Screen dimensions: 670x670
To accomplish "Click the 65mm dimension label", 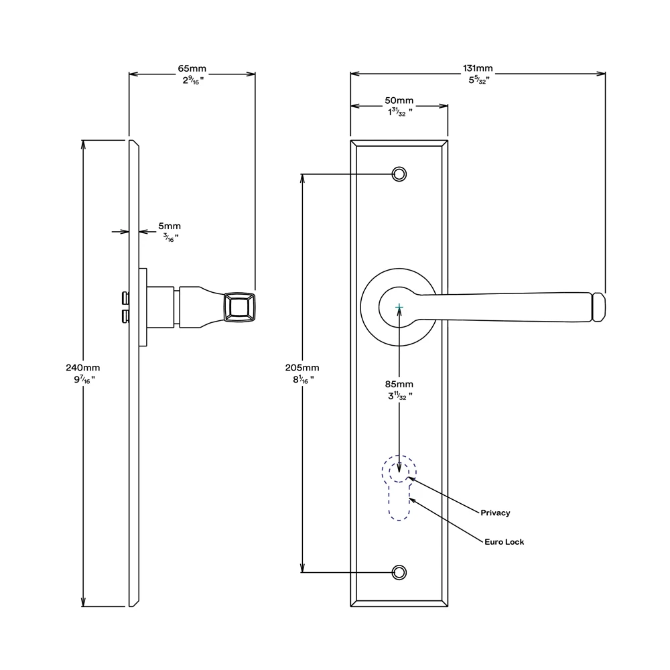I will pyautogui.click(x=192, y=69).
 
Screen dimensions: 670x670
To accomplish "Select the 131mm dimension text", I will pyautogui.click(x=478, y=68).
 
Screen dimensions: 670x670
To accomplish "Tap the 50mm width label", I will pyautogui.click(x=399, y=100).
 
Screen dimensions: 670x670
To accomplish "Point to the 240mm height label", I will pyautogui.click(x=82, y=368).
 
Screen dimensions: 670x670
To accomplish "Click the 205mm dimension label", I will pyautogui.click(x=302, y=368).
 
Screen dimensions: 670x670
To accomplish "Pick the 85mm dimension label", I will pyautogui.click(x=399, y=385).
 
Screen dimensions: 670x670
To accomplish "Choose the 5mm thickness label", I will pyautogui.click(x=169, y=226).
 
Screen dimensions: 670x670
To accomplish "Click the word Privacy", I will pyautogui.click(x=495, y=513).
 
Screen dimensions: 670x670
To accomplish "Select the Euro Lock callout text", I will pyautogui.click(x=504, y=541).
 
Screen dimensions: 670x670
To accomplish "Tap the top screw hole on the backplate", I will pyautogui.click(x=399, y=174).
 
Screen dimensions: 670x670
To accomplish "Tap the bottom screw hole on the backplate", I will pyautogui.click(x=399, y=572).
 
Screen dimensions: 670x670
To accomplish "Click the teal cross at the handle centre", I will pyautogui.click(x=399, y=308).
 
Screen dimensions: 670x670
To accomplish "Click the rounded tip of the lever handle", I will pyautogui.click(x=600, y=307).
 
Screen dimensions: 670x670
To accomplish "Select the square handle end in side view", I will pyautogui.click(x=239, y=308).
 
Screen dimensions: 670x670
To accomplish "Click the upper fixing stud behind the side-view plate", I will pyautogui.click(x=124, y=297).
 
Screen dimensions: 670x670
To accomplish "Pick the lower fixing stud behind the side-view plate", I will pyautogui.click(x=124, y=316).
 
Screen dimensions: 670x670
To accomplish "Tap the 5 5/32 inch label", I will pyautogui.click(x=478, y=80).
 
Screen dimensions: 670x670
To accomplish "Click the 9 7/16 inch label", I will pyautogui.click(x=82, y=379).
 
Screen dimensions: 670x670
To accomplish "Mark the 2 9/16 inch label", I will pyautogui.click(x=192, y=80).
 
